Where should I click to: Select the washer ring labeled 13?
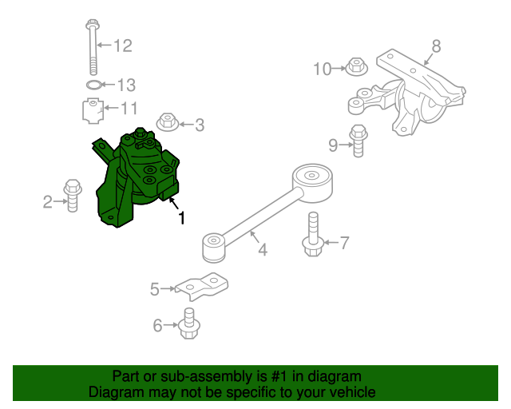[x=93, y=85]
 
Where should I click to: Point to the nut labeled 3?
[x=167, y=123]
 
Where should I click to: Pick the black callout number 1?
[x=181, y=217]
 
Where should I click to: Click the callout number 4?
[x=262, y=250]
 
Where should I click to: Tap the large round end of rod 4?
[x=312, y=180]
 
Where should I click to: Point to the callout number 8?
[x=436, y=46]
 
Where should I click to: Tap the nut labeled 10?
[x=355, y=66]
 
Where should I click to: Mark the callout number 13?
[x=127, y=85]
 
